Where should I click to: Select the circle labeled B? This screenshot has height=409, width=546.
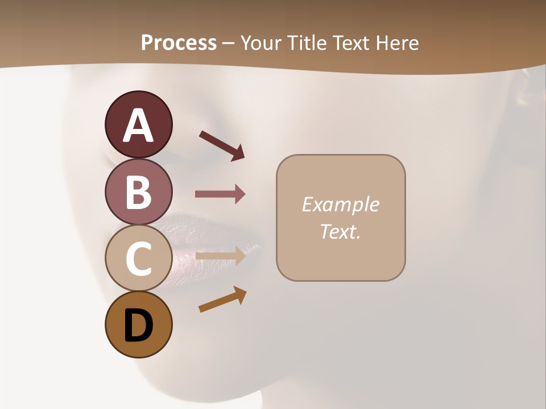point(138,191)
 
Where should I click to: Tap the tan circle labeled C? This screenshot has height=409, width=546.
point(138,258)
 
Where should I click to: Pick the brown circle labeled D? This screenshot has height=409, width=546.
point(138,324)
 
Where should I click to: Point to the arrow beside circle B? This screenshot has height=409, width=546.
point(220,194)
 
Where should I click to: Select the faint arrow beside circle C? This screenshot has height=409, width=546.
point(220,257)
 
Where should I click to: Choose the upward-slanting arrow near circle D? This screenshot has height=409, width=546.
point(222,299)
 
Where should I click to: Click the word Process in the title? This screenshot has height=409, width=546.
point(179,43)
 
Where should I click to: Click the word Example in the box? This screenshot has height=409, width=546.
point(340,204)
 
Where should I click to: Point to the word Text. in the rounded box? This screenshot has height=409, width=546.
point(340,231)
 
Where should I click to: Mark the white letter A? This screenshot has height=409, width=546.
point(138,125)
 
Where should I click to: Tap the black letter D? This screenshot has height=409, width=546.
point(138,327)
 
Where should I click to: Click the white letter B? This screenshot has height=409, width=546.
point(138,192)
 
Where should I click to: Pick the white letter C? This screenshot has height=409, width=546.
point(138,258)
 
